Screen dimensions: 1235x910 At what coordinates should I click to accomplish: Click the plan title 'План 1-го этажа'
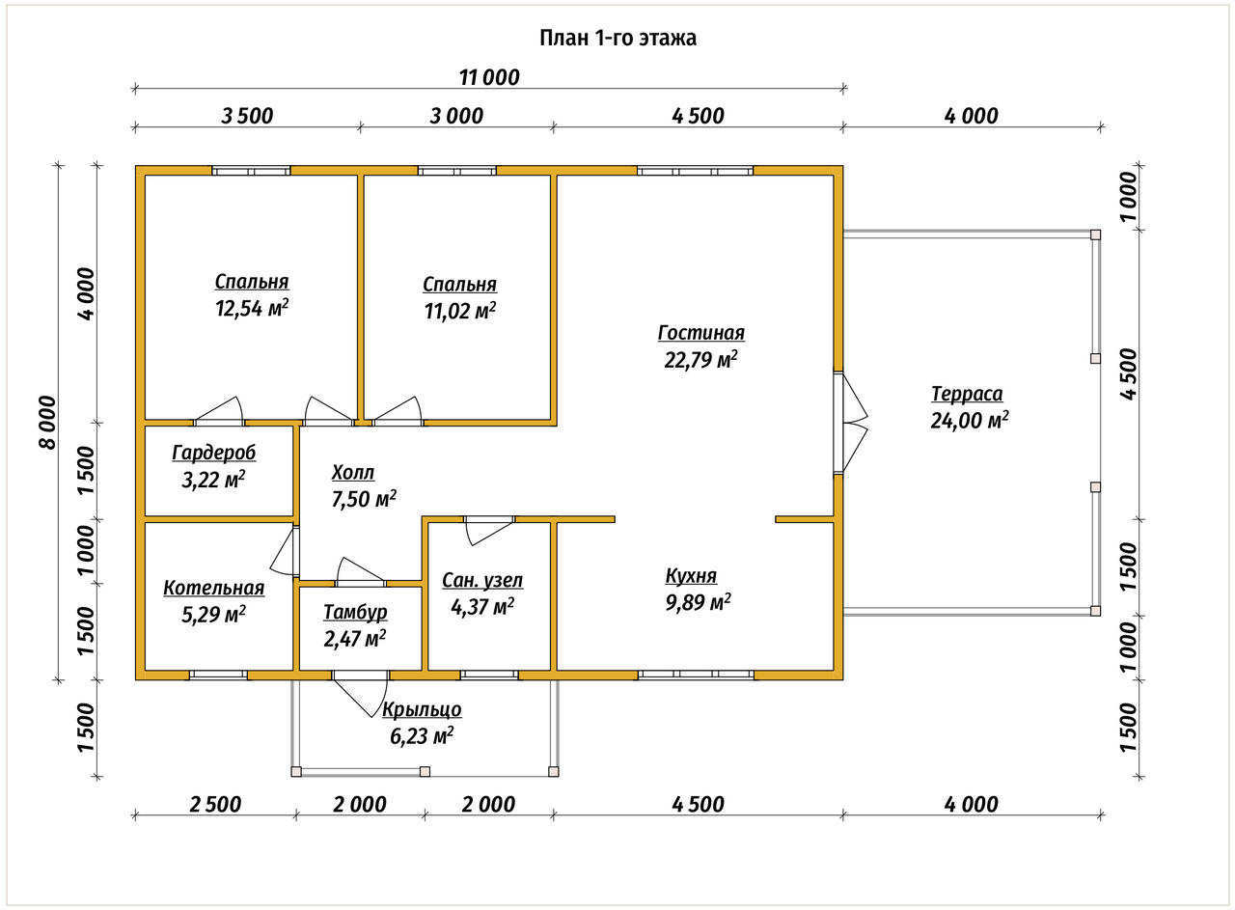pos(617,38)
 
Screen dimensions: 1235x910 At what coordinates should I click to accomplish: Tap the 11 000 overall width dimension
pos(489,78)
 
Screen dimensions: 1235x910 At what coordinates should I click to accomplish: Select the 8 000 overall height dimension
pos(48,423)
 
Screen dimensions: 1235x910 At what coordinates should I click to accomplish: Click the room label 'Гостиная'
pos(700,333)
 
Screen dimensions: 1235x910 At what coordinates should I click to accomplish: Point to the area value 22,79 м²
pos(700,360)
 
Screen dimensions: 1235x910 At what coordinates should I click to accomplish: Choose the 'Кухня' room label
pos(692,576)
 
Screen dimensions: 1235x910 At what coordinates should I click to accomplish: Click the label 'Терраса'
pos(967,394)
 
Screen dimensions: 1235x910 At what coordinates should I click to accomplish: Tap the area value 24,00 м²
pos(970,420)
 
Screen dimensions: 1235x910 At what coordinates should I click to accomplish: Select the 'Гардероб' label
pos(214,453)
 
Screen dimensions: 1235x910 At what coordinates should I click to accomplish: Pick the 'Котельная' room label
pos(214,588)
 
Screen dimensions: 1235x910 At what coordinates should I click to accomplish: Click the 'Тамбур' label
pos(355,612)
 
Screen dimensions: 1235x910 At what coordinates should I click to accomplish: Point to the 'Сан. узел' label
pos(482,580)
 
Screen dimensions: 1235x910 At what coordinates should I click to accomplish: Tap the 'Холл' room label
pos(353,473)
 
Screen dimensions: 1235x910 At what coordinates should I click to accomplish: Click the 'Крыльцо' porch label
pos(422,710)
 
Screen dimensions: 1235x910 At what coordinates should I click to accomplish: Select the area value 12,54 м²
pos(252,308)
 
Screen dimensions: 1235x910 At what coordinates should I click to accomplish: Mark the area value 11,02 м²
pos(460,311)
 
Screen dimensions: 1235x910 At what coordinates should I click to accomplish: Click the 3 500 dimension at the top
pos(248,117)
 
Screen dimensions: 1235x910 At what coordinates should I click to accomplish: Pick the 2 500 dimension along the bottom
pos(215,805)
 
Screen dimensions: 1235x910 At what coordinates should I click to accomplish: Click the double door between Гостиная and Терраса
pos(849,423)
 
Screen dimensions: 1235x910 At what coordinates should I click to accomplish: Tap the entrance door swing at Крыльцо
pos(361,695)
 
